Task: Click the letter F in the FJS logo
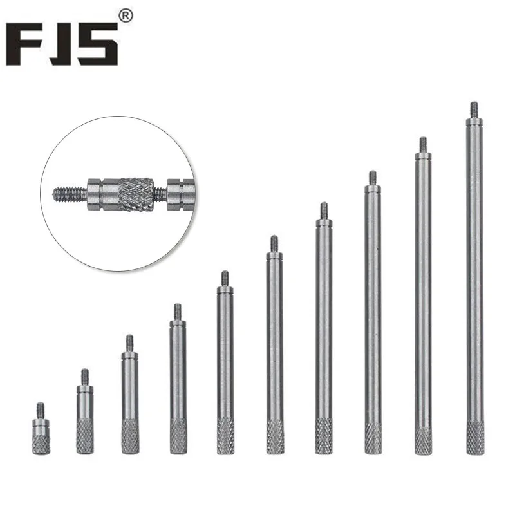coord(24,44)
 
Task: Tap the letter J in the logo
coord(59,44)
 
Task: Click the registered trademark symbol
coord(126,16)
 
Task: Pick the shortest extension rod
coord(41,428)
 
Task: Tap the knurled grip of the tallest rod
coord(475,438)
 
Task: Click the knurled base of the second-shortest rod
coord(85,437)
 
